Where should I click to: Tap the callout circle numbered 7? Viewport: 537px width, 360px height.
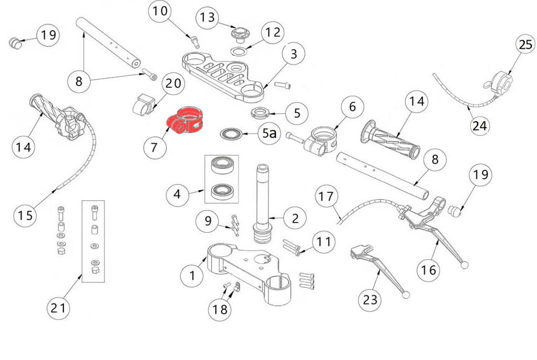pyautogui.click(x=155, y=148)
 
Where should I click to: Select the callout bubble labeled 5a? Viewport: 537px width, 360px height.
pyautogui.click(x=270, y=134)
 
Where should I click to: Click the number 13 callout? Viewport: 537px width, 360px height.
pyautogui.click(x=208, y=19)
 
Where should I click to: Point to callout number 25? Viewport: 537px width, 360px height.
pyautogui.click(x=525, y=44)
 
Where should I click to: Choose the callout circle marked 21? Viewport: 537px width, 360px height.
pyautogui.click(x=58, y=308)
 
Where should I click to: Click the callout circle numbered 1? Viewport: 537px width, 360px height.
pyautogui.click(x=191, y=276)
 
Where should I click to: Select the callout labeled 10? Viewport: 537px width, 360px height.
pyautogui.click(x=161, y=12)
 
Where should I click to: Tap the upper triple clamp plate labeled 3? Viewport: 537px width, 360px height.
pyautogui.click(x=224, y=74)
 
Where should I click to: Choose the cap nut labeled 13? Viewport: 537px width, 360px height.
pyautogui.click(x=238, y=33)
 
